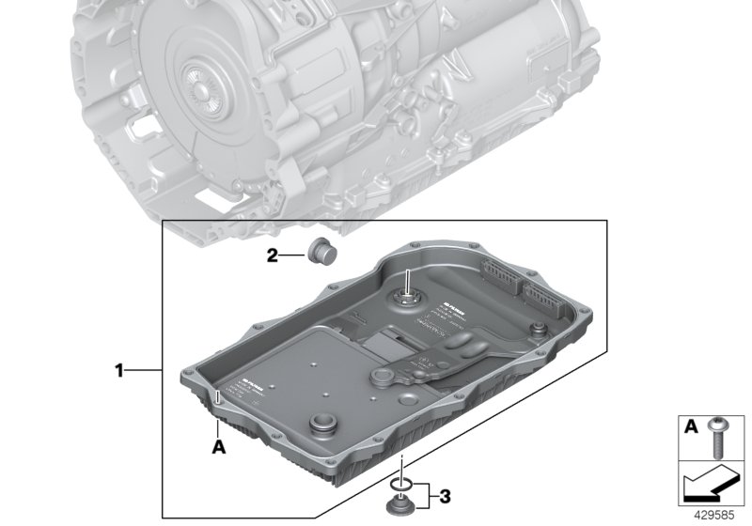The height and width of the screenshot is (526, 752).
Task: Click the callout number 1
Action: point(119,371)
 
